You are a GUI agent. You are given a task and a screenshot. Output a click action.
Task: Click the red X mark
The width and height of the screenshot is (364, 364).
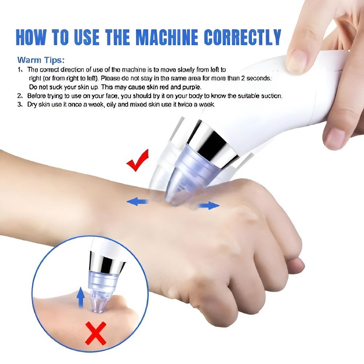[95, 333]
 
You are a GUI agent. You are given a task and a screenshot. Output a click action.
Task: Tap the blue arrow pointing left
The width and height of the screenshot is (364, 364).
[137, 201]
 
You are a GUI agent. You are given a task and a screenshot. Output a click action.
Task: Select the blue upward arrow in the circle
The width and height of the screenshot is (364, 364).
[81, 297]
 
